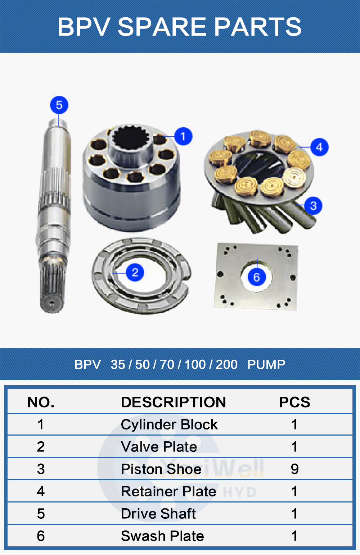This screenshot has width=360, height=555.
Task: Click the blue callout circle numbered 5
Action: pos(59,105)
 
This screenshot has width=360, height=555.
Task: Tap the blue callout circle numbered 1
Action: pos(183,136)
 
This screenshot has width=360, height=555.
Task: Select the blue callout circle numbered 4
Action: pos(319,147)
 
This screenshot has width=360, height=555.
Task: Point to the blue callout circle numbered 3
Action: pos(313,206)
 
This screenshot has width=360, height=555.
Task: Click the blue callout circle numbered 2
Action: pos(135,272)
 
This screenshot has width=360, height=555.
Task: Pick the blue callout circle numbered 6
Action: pos(256,277)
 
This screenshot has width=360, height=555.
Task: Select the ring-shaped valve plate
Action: pos(108,284)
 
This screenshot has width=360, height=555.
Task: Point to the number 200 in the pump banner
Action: pos(226,365)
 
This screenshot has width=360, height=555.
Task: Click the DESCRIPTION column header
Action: pos(173,402)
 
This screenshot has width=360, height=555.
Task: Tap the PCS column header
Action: pos(294,402)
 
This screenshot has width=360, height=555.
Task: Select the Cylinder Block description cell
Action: pos(169,425)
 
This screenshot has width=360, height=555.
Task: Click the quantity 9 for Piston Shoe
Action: pos(294,469)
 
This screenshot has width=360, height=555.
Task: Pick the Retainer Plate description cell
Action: pos(168,491)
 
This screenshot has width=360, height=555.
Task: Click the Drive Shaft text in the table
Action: pos(158,514)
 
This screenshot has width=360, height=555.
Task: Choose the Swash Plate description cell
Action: pos(162,536)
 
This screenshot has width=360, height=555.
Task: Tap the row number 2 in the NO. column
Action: pos(41,447)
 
